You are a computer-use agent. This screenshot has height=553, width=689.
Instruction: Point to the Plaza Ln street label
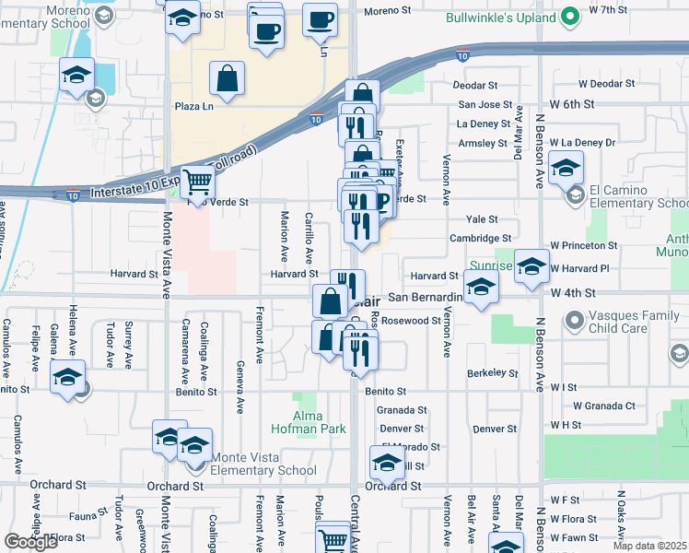tap(194, 106)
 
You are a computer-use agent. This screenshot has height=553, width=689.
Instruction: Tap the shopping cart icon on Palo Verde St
tap(196, 182)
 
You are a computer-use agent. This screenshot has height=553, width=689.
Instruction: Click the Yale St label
tap(482, 219)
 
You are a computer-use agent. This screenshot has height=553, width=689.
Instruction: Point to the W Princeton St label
tap(584, 246)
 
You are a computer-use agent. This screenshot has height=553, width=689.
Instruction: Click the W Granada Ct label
tap(604, 406)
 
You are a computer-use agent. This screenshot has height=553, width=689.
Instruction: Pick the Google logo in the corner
tap(31, 542)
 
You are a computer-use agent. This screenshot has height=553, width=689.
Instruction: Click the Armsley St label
tap(484, 144)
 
